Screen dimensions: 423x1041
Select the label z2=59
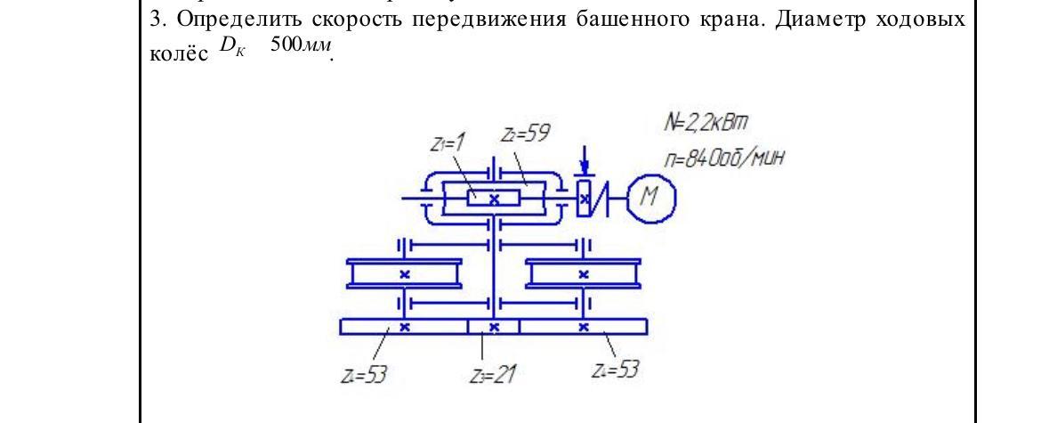click(x=526, y=135)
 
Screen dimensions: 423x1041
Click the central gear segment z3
click(x=493, y=327)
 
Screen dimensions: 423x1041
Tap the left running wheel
click(x=405, y=273)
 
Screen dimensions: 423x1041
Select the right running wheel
click(x=584, y=273)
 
